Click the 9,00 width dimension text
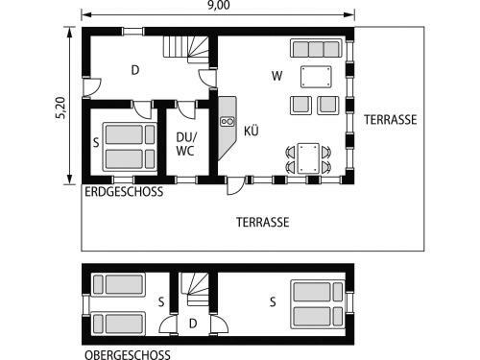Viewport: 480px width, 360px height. pyautogui.click(x=219, y=7)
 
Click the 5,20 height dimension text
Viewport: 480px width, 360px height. pyautogui.click(x=62, y=107)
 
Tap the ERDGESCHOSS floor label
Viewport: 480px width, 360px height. pyautogui.click(x=124, y=192)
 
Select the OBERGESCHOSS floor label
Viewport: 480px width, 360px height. pyautogui.click(x=127, y=353)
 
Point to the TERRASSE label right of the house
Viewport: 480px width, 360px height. pyautogui.click(x=390, y=120)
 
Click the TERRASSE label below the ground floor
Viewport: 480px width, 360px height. pyautogui.click(x=263, y=221)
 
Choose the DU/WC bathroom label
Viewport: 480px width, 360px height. pyautogui.click(x=186, y=143)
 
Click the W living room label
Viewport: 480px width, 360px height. pyautogui.click(x=276, y=75)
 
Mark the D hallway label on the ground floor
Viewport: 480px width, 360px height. pyautogui.click(x=135, y=69)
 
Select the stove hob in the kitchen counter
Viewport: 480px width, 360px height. pyautogui.click(x=228, y=122)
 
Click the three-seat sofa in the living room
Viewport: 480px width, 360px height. pyautogui.click(x=315, y=49)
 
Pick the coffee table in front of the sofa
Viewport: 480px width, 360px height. pyautogui.click(x=315, y=77)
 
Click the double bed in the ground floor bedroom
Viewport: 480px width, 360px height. pyautogui.click(x=130, y=146)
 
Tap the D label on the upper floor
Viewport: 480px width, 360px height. pyautogui.click(x=193, y=324)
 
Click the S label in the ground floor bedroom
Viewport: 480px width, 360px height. pyautogui.click(x=96, y=142)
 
